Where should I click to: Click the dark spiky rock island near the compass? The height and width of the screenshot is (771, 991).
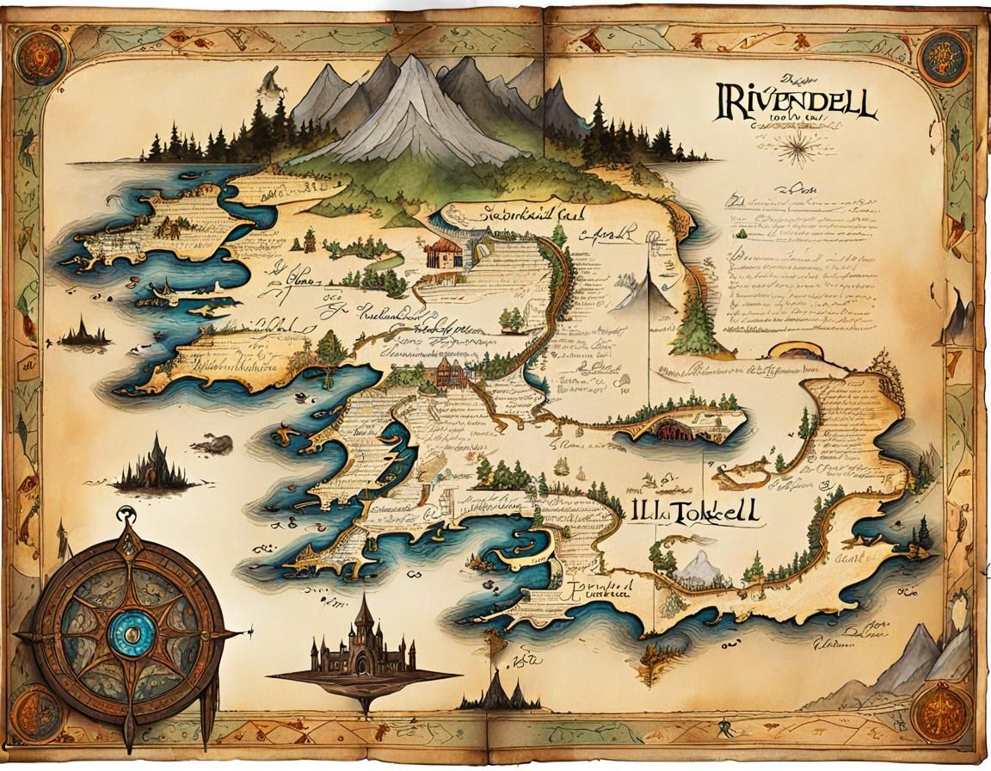click(155, 469)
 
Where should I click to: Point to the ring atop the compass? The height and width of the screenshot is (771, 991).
click(128, 515)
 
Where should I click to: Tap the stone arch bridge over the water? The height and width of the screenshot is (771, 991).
click(680, 425)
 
